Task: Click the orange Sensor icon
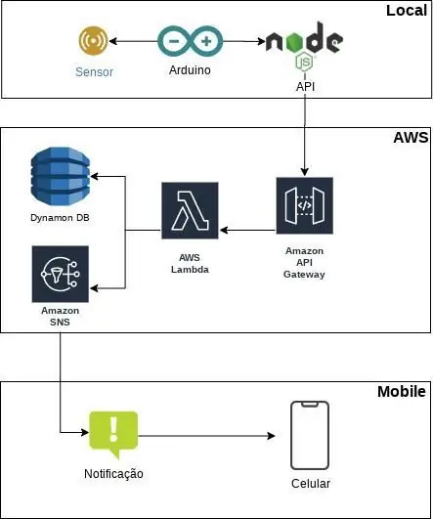click(94, 41)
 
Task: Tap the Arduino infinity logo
click(190, 41)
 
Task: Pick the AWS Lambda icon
click(190, 210)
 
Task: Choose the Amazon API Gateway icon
click(305, 205)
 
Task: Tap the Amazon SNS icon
click(61, 274)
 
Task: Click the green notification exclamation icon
click(113, 434)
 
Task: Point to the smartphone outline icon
click(310, 435)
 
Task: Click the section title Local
click(407, 11)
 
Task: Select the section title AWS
click(411, 138)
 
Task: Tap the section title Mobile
click(402, 392)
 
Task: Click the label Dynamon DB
click(60, 217)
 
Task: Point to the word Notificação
click(113, 474)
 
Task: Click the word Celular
click(311, 484)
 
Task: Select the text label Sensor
click(95, 71)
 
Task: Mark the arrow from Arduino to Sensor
click(133, 41)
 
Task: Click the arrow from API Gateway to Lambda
click(248, 230)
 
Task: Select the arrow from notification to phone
click(206, 436)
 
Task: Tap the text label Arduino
click(190, 70)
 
